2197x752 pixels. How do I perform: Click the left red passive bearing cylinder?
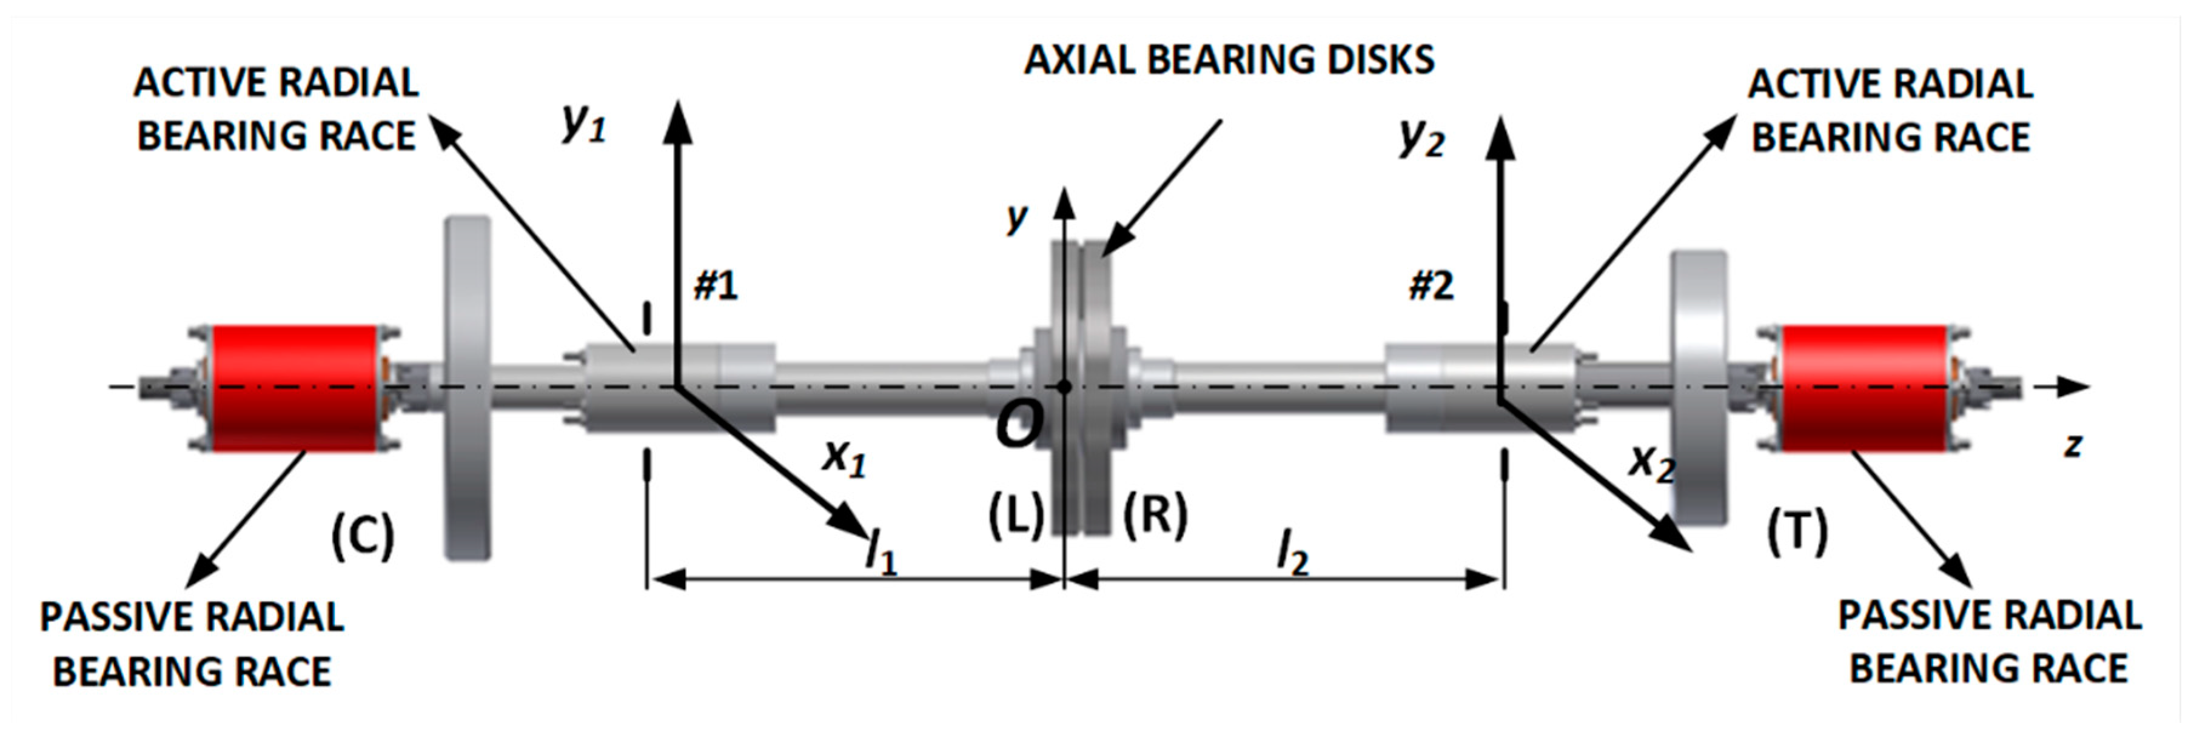click(x=294, y=388)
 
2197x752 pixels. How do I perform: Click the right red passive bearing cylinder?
click(x=1863, y=388)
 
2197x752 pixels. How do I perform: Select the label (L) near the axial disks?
click(x=1016, y=516)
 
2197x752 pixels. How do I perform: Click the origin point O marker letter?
click(x=1019, y=424)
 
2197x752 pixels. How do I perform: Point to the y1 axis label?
click(x=584, y=124)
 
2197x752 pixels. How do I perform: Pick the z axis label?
click(x=2073, y=444)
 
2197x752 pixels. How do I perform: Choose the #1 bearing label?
click(x=716, y=285)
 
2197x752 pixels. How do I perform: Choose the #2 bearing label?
click(x=1431, y=285)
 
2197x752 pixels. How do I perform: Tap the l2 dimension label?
click(x=1292, y=553)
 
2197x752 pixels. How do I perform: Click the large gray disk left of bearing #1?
click(x=468, y=388)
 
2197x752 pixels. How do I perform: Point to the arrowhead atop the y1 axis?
click(x=678, y=119)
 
